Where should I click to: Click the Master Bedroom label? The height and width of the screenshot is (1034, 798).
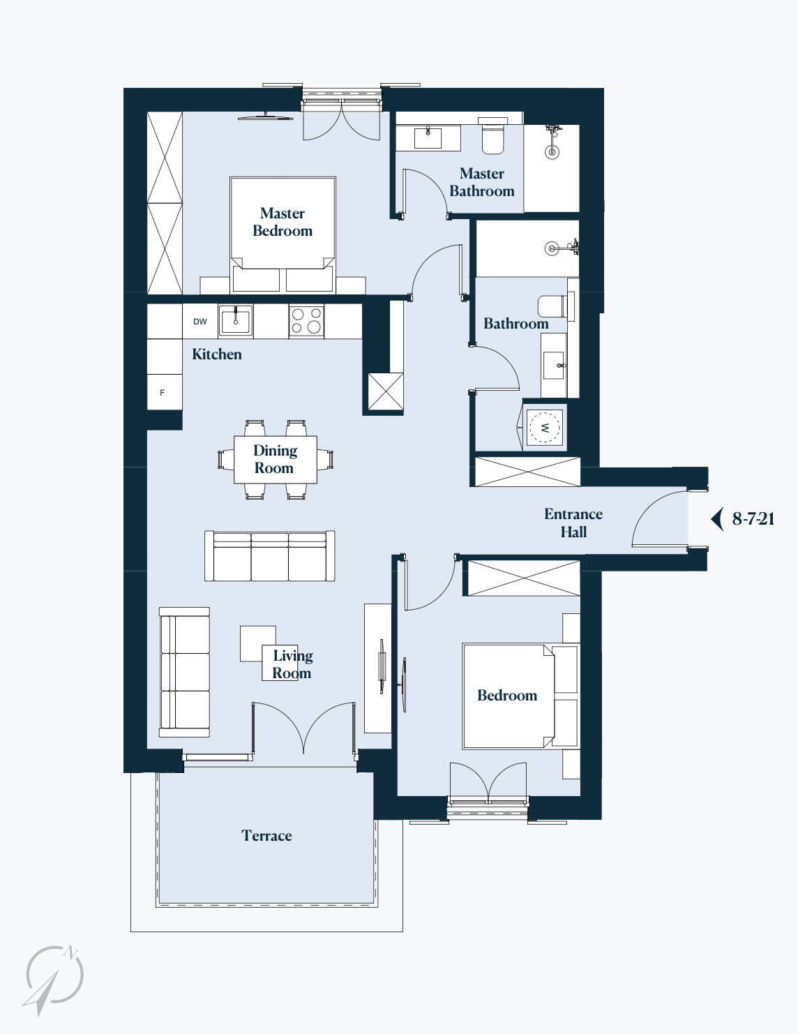(x=283, y=222)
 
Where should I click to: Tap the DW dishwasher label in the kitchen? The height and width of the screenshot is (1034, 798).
(x=200, y=322)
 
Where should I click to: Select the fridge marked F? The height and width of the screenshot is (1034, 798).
(x=165, y=392)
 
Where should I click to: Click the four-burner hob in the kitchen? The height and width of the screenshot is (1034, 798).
(x=306, y=321)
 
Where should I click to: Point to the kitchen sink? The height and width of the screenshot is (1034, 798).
(x=235, y=321)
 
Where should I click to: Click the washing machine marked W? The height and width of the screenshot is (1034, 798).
(x=545, y=427)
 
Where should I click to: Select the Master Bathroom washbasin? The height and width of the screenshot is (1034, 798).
(x=428, y=137)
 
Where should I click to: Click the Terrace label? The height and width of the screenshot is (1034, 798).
(x=266, y=836)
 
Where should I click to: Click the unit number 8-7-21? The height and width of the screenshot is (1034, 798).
(x=753, y=518)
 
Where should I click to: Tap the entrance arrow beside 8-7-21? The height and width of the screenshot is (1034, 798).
(x=717, y=518)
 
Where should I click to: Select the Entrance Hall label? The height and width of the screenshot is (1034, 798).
(x=573, y=523)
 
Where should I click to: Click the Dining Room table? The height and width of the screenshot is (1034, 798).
(x=276, y=460)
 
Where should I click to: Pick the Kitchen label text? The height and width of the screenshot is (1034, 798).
(x=217, y=354)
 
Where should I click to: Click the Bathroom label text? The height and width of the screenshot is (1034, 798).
(x=516, y=324)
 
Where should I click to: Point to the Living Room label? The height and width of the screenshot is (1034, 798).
(x=292, y=664)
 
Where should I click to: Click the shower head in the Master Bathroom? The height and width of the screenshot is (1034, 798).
(x=552, y=152)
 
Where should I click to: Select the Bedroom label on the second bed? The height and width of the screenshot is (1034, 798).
(x=507, y=696)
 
